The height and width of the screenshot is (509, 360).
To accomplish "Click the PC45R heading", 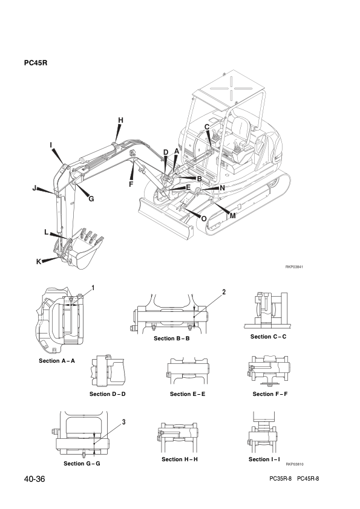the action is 36,63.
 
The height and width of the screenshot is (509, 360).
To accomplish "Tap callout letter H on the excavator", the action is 120,120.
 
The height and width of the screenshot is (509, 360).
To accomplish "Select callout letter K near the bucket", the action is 39,262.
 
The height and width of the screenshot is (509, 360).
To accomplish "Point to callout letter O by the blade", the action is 204,218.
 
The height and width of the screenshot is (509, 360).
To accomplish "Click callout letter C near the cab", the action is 207,127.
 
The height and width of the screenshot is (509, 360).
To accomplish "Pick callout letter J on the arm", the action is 34,187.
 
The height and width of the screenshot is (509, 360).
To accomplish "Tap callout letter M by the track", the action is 232,216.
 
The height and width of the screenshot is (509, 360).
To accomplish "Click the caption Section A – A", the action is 57,361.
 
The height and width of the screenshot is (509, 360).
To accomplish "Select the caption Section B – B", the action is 172,339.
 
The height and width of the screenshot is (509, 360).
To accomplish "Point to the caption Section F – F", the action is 270,394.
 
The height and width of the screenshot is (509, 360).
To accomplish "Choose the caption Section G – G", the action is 82,463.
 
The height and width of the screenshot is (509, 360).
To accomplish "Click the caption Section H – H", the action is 180,459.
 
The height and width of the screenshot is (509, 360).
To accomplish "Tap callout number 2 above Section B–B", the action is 224,292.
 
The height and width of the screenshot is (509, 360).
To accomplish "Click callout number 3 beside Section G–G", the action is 124,422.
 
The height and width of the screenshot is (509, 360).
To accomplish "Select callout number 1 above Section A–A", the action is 93,288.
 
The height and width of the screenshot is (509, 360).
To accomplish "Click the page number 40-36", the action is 34,479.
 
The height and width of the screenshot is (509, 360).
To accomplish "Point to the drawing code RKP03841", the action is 295,267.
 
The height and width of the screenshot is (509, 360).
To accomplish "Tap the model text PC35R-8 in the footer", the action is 280,479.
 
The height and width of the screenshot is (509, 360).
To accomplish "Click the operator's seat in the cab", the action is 241,137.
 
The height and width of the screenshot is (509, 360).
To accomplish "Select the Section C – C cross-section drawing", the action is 267,310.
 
